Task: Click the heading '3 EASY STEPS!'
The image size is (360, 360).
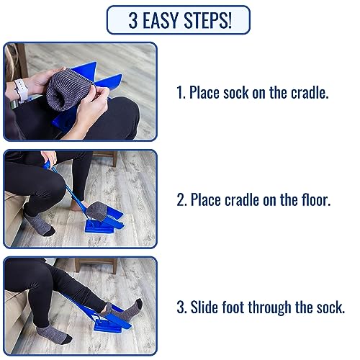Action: [x=180, y=20]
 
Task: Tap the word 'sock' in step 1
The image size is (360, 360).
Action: [x=235, y=92]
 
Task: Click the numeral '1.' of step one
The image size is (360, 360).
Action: [x=181, y=92]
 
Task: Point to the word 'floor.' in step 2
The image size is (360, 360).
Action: [x=316, y=199]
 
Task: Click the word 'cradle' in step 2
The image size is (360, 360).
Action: [x=242, y=199]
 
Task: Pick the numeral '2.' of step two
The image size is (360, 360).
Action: [x=181, y=199]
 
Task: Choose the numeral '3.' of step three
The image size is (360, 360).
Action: [x=181, y=307]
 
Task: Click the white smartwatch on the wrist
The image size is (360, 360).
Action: [x=21, y=90]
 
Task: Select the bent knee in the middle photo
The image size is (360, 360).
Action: [x=52, y=186]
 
